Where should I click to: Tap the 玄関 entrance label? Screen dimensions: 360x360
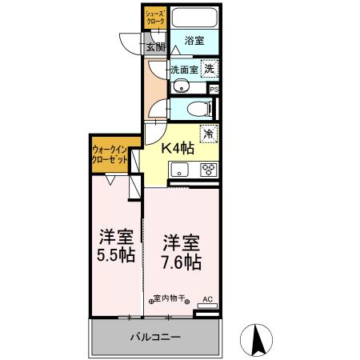tap(154, 47)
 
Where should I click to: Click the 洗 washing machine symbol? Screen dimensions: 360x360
tap(208, 69)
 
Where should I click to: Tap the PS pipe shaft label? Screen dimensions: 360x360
tap(214, 90)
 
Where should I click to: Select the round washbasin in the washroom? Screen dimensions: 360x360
tap(181, 87)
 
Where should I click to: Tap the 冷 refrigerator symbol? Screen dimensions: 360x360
tap(208, 134)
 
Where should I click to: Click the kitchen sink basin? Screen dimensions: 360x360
tap(179, 169)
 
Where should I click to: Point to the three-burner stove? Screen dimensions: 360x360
tap(208, 169)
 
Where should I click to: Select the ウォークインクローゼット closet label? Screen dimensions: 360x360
tap(110, 154)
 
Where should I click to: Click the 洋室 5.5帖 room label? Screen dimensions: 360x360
tap(114, 246)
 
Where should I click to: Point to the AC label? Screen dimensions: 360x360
tap(207, 299)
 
